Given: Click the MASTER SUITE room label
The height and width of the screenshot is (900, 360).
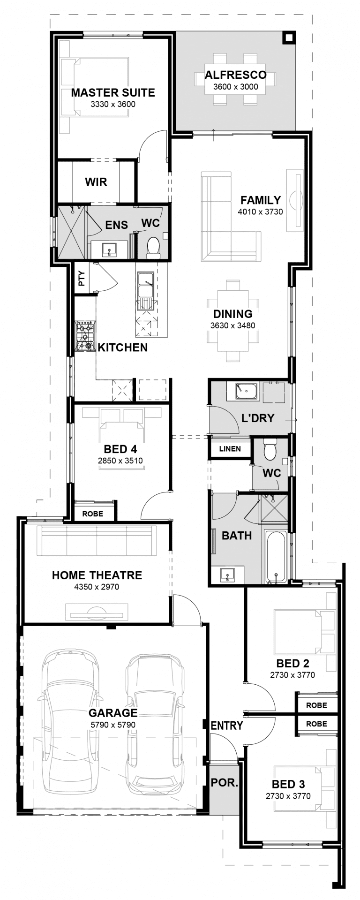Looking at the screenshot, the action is [x=113, y=92].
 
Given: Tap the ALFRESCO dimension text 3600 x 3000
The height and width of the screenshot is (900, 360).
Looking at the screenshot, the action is [x=235, y=86].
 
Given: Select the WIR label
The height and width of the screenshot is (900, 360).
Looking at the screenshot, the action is [x=96, y=182].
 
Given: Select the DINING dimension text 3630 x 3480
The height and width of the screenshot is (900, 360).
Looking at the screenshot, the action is [x=232, y=325].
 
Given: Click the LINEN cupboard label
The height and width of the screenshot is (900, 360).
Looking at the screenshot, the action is [x=230, y=449].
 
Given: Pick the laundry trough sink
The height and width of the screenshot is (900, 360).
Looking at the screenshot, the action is [x=246, y=391].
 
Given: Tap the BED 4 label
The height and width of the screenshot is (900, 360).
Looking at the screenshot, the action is [x=120, y=450].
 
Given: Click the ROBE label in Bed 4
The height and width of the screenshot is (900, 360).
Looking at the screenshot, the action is [x=93, y=514].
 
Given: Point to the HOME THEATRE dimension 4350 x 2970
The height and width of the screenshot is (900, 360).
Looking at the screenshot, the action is [x=97, y=587].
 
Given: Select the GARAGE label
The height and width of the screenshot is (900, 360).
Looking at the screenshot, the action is [x=113, y=713].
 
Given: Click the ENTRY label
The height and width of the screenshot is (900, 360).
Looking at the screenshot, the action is [x=227, y=726].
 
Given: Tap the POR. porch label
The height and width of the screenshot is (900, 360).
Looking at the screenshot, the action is [x=224, y=783].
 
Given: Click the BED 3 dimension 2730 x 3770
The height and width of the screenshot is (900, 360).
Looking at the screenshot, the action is [x=288, y=796].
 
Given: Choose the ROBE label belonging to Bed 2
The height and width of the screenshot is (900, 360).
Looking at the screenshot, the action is [x=316, y=705].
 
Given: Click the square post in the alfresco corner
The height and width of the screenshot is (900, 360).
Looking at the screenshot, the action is [x=289, y=38].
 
